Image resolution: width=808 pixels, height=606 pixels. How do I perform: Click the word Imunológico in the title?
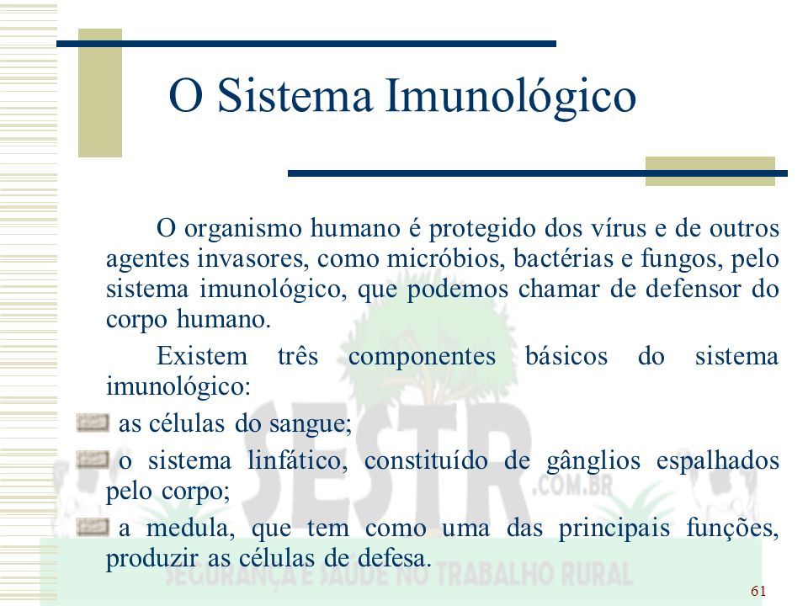point(511,96)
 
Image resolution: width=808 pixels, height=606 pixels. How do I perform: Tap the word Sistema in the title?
point(295,95)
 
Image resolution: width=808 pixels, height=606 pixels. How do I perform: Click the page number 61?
point(758,591)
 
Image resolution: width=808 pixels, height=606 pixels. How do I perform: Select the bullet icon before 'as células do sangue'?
point(93,423)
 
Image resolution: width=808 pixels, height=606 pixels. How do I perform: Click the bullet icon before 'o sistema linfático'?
point(93,460)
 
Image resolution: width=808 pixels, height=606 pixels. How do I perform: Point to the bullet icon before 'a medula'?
point(93,527)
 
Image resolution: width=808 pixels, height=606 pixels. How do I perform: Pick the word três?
point(298,355)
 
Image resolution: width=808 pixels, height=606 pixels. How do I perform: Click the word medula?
point(190,528)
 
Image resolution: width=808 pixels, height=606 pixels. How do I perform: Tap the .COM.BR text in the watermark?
point(572,486)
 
